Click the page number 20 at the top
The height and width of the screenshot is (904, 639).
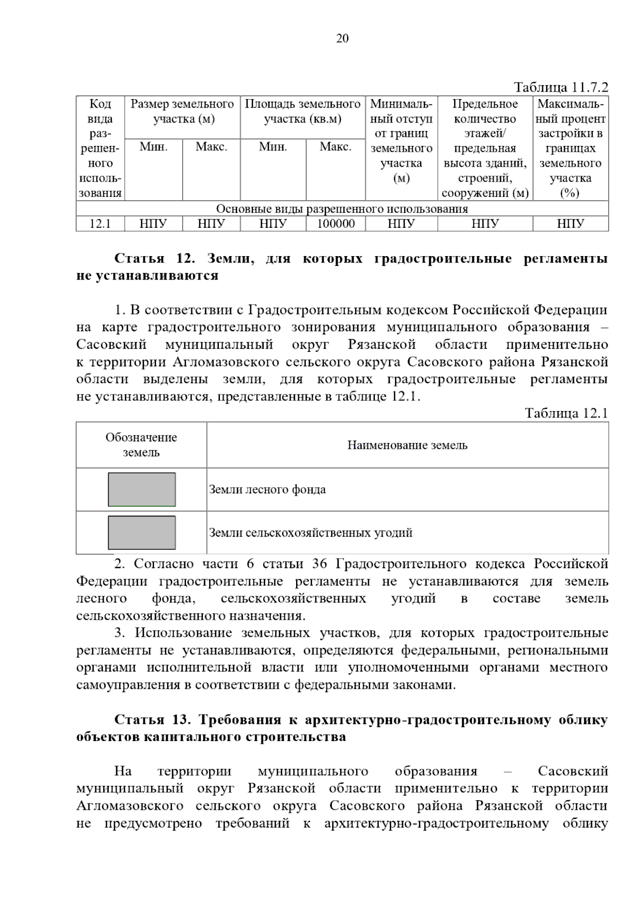(342, 38)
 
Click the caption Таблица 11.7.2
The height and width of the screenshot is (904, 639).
(561, 87)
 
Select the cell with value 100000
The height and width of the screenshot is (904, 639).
(335, 224)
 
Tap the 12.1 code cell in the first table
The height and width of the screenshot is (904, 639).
(100, 224)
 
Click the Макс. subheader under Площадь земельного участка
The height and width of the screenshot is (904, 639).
(335, 147)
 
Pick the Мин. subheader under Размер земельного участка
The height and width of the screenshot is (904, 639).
(153, 147)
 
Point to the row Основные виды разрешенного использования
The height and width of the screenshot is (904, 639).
(342, 209)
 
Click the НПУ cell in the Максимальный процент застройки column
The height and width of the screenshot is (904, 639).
(570, 224)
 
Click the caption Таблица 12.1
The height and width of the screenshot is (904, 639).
(566, 413)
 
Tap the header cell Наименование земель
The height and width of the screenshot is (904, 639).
(407, 445)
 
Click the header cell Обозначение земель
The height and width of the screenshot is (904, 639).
(141, 445)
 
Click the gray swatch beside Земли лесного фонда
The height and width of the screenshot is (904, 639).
(142, 489)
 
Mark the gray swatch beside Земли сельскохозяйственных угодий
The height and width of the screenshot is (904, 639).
(142, 532)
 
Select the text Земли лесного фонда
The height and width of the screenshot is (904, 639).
(267, 489)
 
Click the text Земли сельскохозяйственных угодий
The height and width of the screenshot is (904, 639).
(310, 532)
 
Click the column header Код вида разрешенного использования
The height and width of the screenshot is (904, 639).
(100, 148)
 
